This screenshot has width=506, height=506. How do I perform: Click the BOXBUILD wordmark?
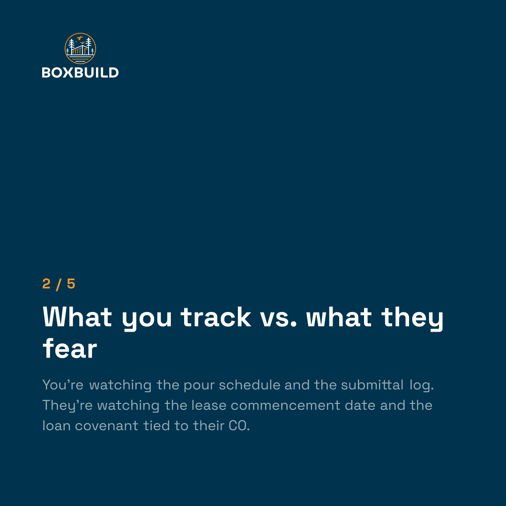pos(80,73)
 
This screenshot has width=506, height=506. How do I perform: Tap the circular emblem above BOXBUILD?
pos(81,48)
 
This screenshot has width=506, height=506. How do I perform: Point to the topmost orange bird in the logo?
pos(80,38)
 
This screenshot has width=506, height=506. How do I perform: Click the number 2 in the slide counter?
pos(46,284)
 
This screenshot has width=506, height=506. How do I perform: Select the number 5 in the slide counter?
pos(71,284)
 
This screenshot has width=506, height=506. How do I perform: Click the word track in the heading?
pos(216,317)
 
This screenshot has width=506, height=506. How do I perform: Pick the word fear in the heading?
pos(70,349)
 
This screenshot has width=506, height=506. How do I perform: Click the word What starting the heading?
pos(77,317)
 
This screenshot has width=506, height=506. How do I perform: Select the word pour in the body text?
pos(199,385)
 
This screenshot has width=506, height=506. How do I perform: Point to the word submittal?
pos(372,385)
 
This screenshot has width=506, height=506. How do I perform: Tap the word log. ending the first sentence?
pos(422,385)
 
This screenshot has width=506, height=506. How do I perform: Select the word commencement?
pos(285,406)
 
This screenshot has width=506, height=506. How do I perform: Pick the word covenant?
pos(106,426)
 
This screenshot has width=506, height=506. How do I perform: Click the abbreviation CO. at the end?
pos(239,426)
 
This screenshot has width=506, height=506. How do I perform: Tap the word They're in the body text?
pos(67,406)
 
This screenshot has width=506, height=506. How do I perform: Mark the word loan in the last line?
pos(57,425)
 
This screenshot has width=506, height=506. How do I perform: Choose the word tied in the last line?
pos(156,425)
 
